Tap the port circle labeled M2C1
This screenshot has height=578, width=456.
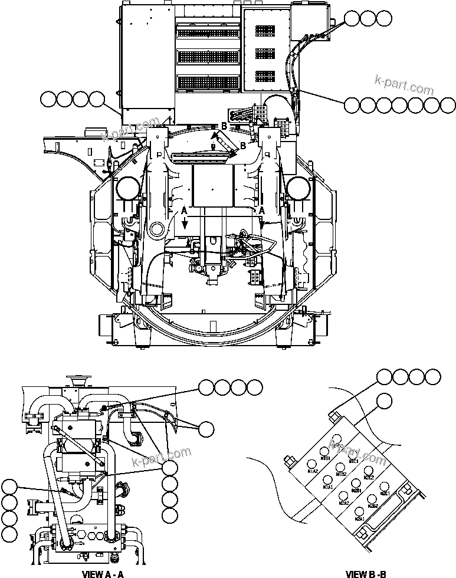385,487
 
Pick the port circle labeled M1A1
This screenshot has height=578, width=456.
327,480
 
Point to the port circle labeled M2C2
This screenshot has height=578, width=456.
368,471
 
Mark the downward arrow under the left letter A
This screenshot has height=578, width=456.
184,221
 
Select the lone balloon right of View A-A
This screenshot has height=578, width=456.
206,429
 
